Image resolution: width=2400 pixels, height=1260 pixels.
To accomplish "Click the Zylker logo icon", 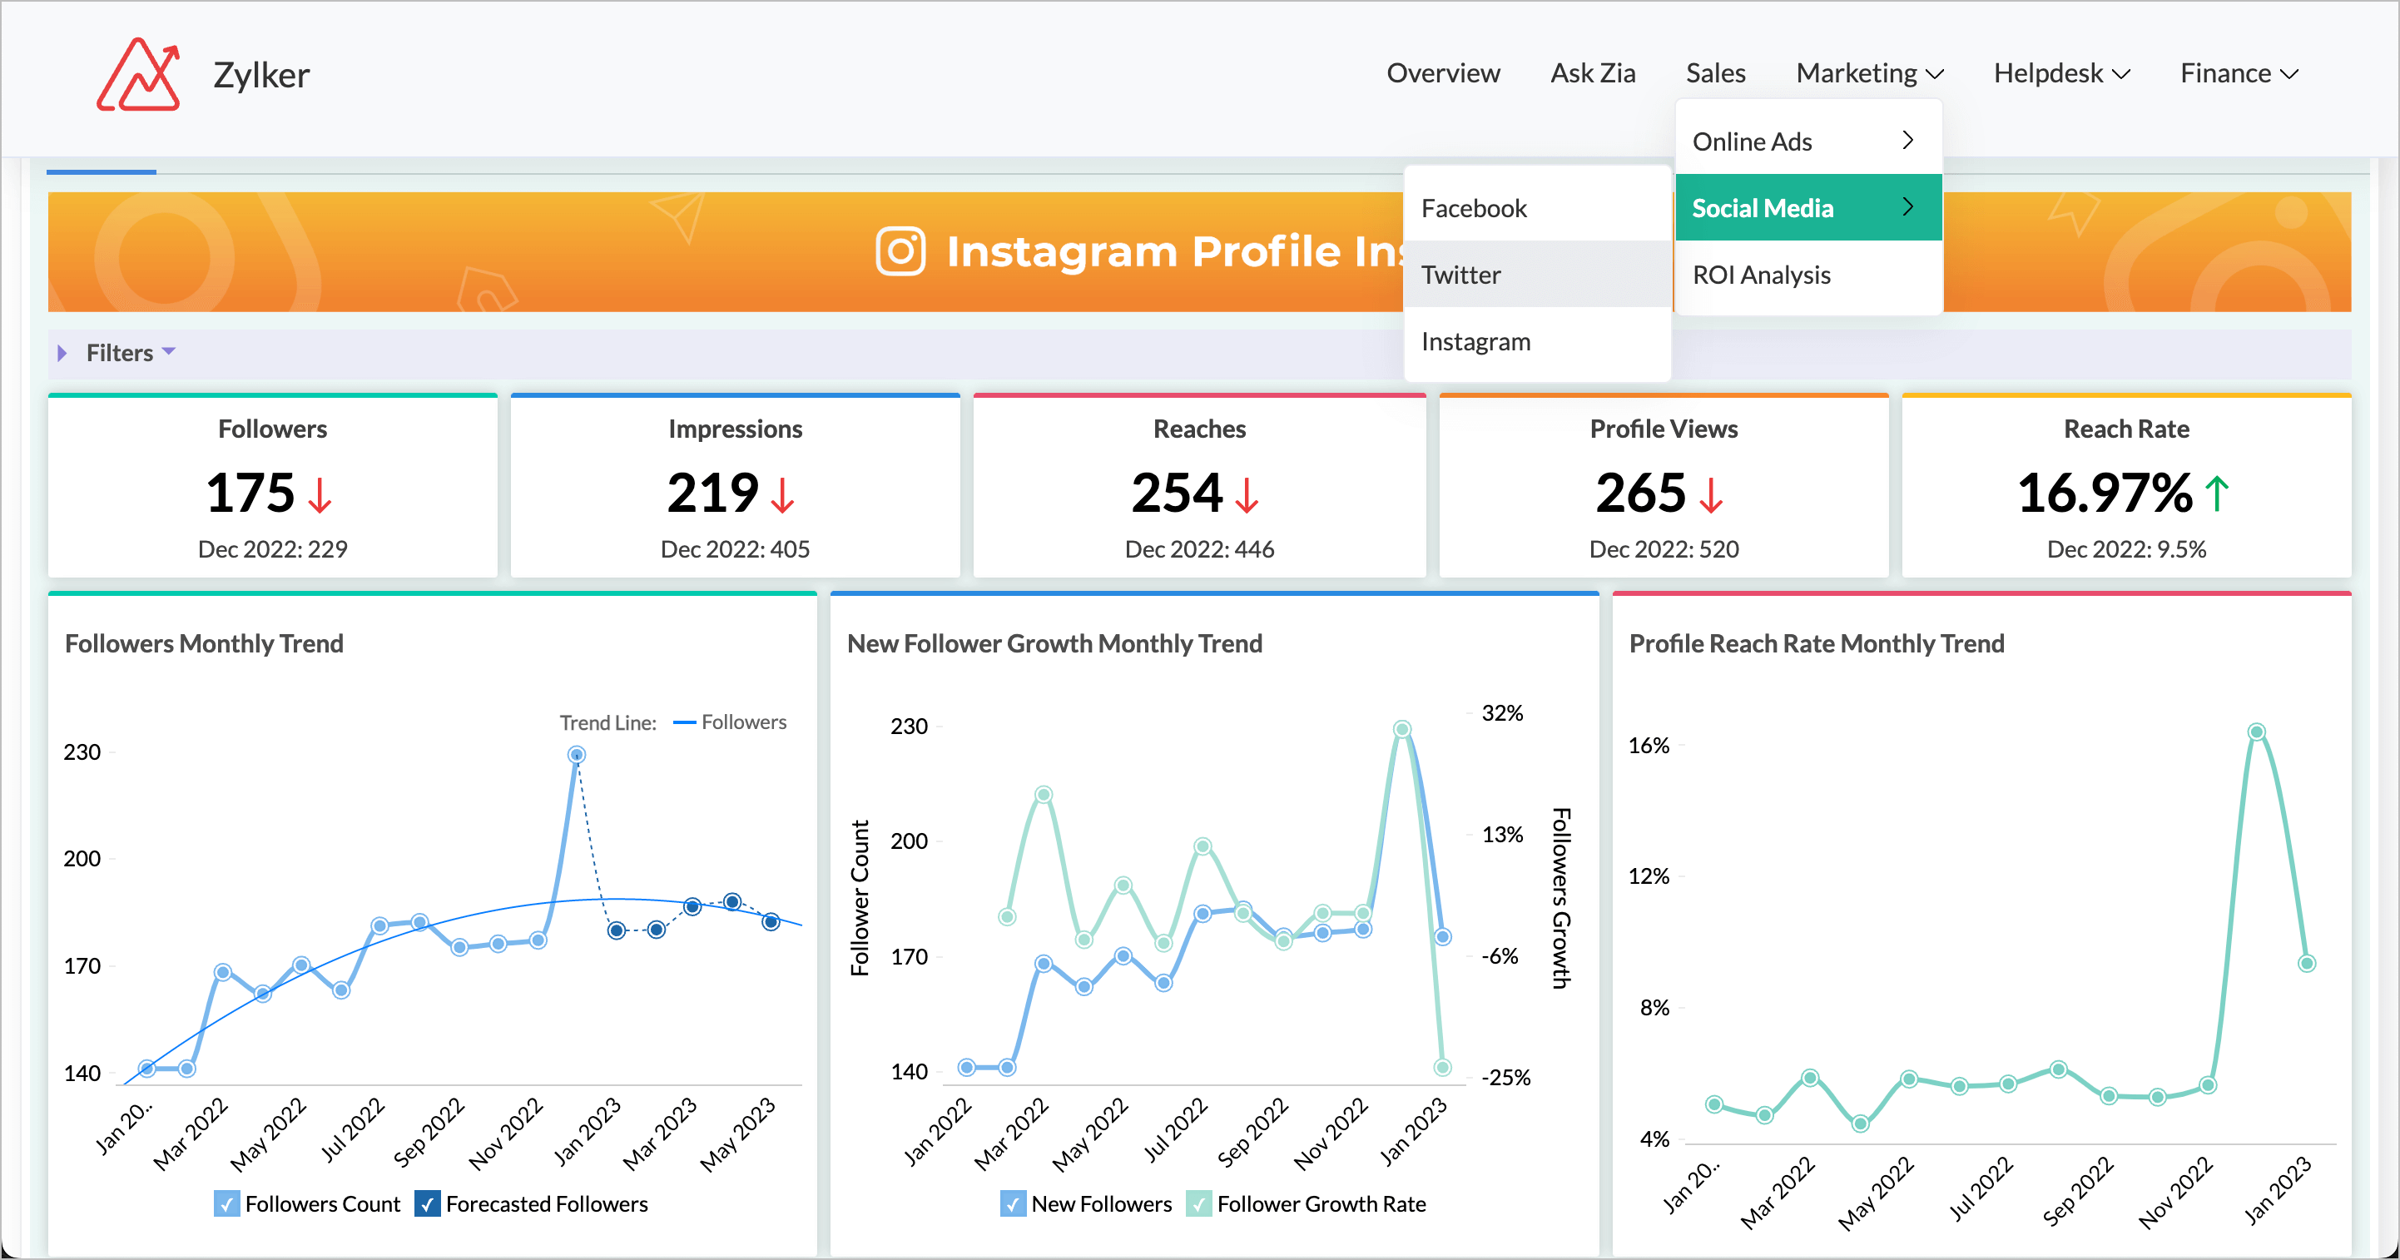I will click(x=138, y=75).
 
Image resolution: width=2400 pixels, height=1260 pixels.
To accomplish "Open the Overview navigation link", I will click(x=1442, y=72).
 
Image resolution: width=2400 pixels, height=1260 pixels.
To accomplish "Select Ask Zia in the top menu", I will click(x=1592, y=72).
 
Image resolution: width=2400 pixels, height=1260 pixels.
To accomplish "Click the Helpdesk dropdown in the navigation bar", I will click(x=2060, y=72).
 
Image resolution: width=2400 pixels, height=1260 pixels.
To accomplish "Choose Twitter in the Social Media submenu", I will click(x=1460, y=275).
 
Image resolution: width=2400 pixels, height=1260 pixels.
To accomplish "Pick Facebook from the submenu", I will click(x=1473, y=208).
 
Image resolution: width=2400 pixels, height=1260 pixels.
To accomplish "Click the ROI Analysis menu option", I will click(x=1760, y=275).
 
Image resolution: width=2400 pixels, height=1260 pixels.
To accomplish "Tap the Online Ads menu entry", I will click(x=1752, y=141).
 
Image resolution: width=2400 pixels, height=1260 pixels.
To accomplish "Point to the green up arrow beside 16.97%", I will click(x=2218, y=494).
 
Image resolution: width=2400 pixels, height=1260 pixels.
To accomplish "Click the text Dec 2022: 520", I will click(x=1663, y=549).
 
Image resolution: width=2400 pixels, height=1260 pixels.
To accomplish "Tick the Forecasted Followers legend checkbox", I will click(x=428, y=1203).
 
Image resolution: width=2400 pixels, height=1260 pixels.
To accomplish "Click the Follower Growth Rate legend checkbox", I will click(x=1199, y=1203).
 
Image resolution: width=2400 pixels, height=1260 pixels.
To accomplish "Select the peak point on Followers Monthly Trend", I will click(x=577, y=755).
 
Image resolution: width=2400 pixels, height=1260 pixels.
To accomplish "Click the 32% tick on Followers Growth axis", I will click(x=1501, y=713).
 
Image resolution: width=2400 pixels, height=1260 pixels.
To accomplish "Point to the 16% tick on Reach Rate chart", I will click(x=1649, y=746).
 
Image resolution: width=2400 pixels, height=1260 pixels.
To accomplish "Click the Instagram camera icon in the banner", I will click(x=900, y=251).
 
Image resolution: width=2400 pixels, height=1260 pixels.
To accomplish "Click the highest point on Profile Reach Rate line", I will click(x=2255, y=732).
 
